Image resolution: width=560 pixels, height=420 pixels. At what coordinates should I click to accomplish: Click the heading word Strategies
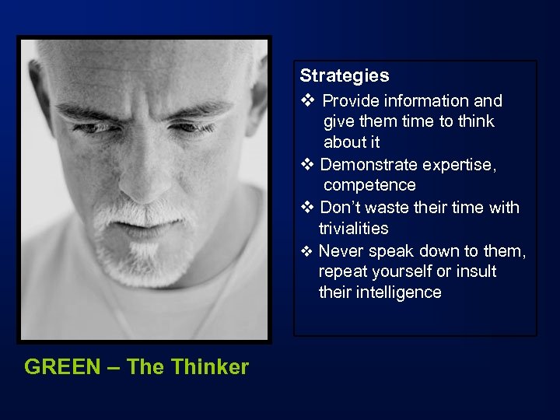tap(345, 76)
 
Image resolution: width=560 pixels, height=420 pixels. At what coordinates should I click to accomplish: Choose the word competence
tap(369, 185)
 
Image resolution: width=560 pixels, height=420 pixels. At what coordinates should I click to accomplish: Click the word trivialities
tap(353, 229)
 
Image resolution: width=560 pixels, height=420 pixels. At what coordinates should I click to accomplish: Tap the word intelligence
tap(401, 292)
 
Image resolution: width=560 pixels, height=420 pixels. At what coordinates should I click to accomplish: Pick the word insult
tap(476, 271)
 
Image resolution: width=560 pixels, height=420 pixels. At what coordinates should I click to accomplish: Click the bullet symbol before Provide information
tap(306, 101)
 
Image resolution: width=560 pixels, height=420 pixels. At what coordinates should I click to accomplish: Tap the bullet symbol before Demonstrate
tap(306, 165)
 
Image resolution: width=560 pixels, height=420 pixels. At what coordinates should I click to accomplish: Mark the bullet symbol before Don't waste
tap(306, 208)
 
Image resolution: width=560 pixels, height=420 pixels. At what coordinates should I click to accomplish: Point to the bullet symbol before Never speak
tap(306, 250)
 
